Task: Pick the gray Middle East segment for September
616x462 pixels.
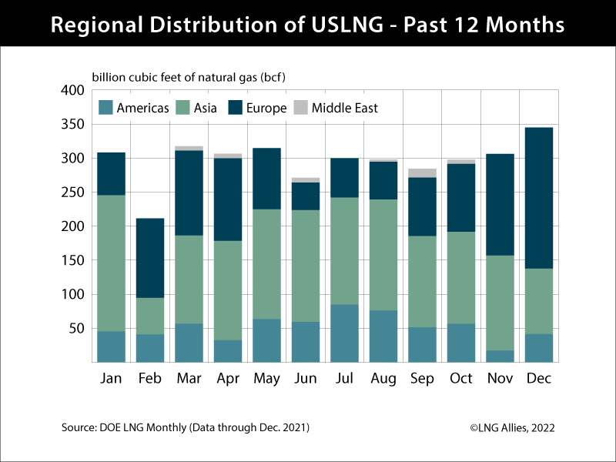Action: tap(422, 173)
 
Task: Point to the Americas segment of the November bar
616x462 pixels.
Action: tap(500, 356)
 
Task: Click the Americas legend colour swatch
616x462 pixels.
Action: tap(105, 108)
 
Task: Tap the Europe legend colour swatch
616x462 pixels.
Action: tap(236, 108)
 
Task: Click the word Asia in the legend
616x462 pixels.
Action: tap(205, 108)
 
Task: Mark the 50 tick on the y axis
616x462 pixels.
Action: tap(75, 328)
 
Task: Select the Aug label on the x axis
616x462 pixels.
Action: tap(383, 379)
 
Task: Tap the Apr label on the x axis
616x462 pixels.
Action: tap(228, 379)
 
